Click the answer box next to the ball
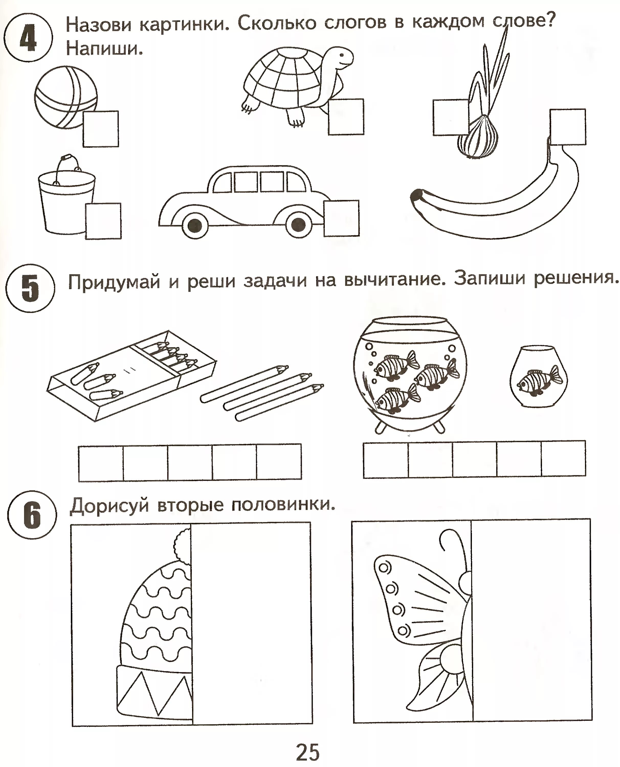click(101, 129)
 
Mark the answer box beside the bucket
click(103, 221)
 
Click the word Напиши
click(104, 49)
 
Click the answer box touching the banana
click(568, 127)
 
